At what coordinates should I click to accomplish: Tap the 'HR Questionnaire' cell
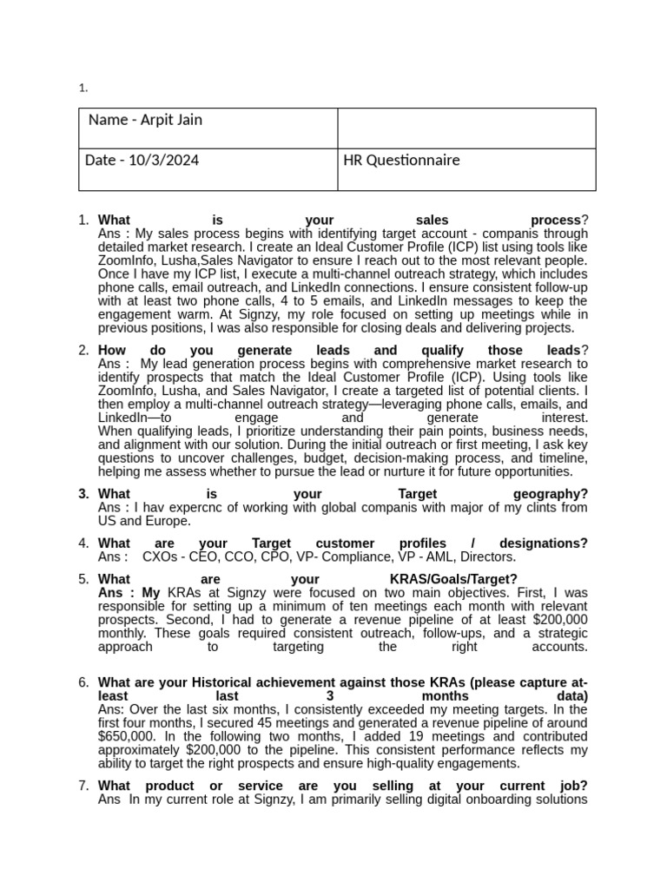[401, 161]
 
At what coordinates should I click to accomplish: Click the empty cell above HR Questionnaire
[466, 128]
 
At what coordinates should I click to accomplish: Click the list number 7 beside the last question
[83, 786]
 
